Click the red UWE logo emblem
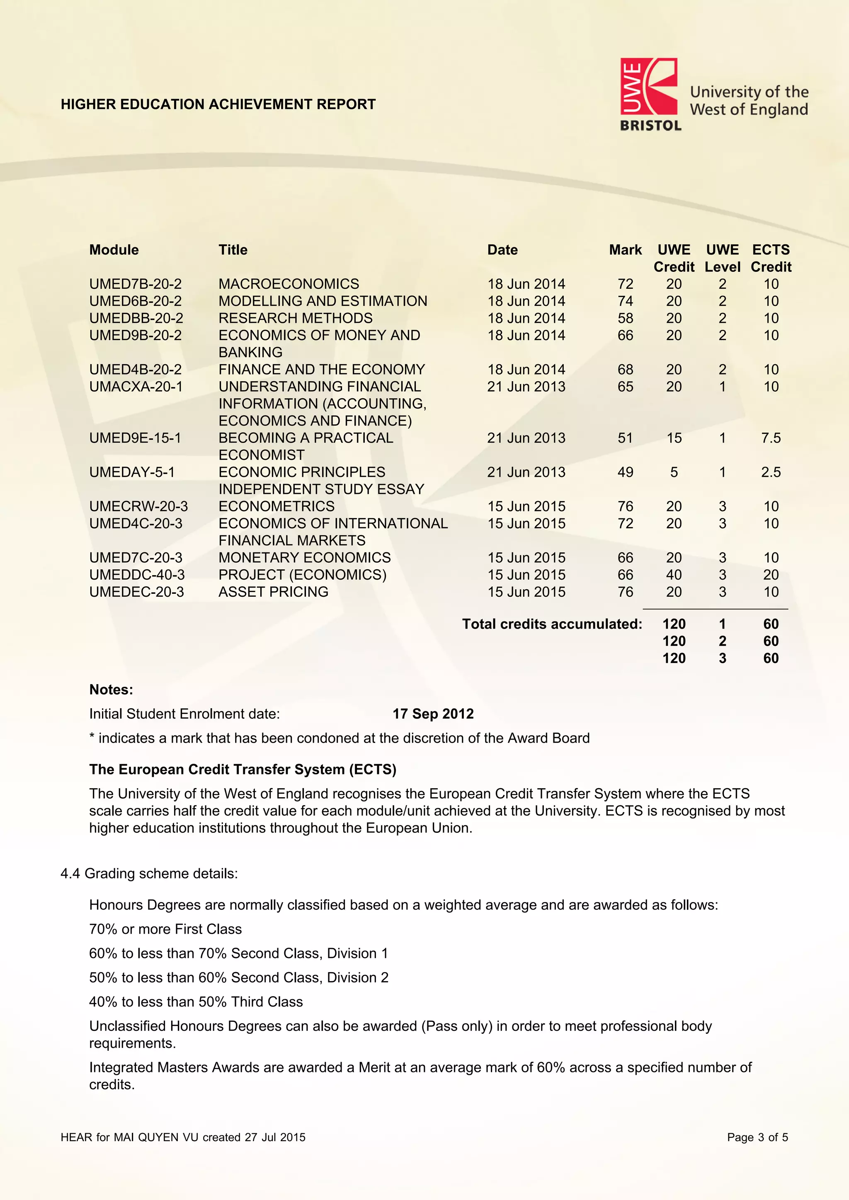[x=648, y=86]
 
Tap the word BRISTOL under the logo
[x=650, y=126]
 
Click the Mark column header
[x=625, y=250]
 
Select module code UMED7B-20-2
[x=136, y=284]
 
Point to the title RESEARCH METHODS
[x=296, y=318]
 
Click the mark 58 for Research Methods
[x=625, y=318]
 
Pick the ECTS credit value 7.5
[x=771, y=438]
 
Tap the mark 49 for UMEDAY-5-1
[x=625, y=472]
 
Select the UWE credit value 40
[x=674, y=574]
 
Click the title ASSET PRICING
[x=274, y=592]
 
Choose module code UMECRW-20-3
[x=138, y=506]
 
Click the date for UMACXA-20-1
[x=526, y=387]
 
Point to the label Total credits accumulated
[x=551, y=624]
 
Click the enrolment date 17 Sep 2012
[x=433, y=714]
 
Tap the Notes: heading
[x=111, y=690]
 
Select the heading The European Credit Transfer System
[x=243, y=769]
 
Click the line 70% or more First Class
[x=165, y=929]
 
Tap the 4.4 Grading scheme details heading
[x=149, y=873]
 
